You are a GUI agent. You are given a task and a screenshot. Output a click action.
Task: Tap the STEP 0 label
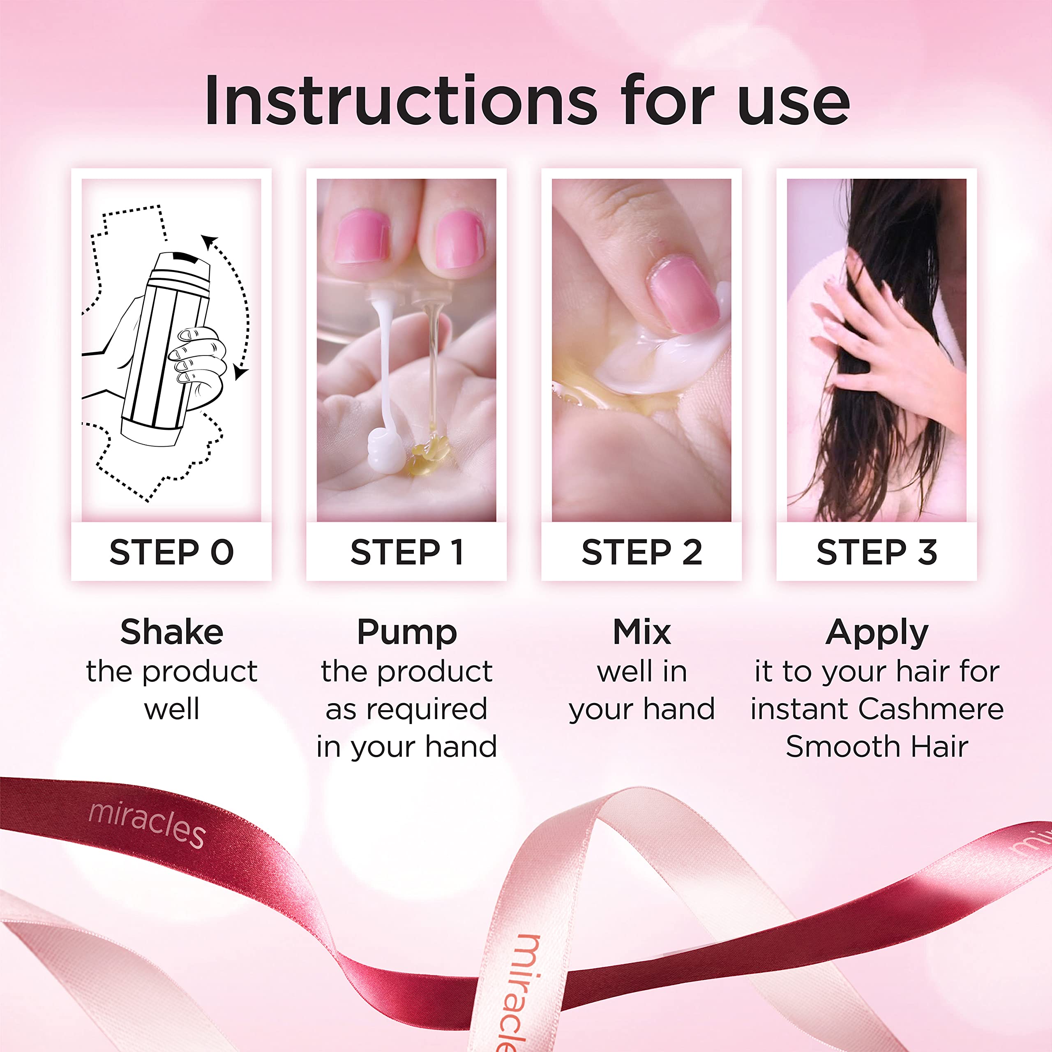click(171, 552)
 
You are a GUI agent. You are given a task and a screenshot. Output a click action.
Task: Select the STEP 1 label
click(407, 552)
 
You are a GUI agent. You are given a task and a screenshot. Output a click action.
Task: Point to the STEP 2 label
click(641, 552)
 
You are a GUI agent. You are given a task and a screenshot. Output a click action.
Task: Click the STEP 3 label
click(877, 552)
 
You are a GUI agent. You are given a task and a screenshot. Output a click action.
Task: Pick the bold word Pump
click(407, 633)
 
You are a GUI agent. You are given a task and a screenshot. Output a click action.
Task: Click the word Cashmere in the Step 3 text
click(931, 709)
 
